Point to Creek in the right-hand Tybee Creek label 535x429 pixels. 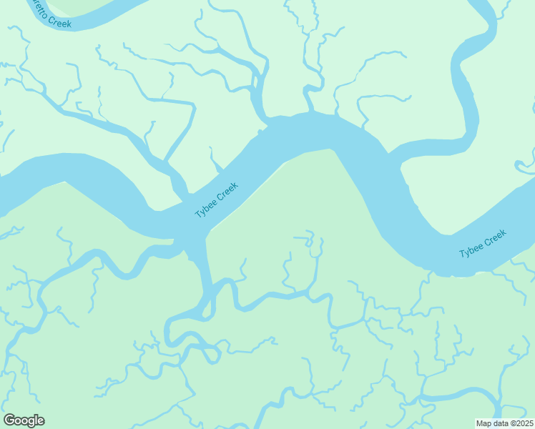tap(495, 237)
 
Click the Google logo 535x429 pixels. tap(24, 420)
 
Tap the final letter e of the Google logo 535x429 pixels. tap(41, 421)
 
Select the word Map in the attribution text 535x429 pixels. tap(485, 423)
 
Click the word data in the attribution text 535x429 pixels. tap(501, 423)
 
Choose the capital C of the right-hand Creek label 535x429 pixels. tap(486, 241)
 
